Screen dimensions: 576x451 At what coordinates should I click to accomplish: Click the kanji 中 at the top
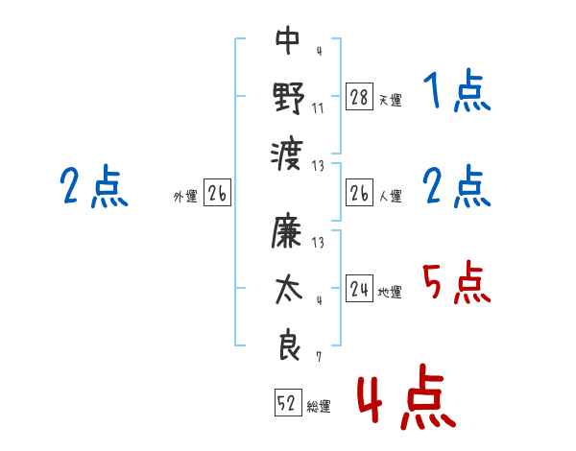[288, 40]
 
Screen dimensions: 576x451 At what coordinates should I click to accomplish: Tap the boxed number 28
[359, 97]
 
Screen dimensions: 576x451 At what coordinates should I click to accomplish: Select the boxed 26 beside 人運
[359, 194]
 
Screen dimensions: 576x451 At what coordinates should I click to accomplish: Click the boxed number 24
[359, 290]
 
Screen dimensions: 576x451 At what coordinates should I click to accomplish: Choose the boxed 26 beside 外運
[217, 194]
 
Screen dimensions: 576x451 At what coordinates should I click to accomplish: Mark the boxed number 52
[287, 404]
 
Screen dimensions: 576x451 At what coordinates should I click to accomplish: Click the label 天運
[390, 100]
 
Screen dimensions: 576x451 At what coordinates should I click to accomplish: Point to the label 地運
[390, 293]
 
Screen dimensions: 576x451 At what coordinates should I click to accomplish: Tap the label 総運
[319, 407]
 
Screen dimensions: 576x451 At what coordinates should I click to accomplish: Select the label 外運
[185, 197]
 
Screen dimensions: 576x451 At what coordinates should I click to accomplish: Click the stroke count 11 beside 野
[318, 107]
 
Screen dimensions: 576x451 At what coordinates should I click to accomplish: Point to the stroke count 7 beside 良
[318, 357]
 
